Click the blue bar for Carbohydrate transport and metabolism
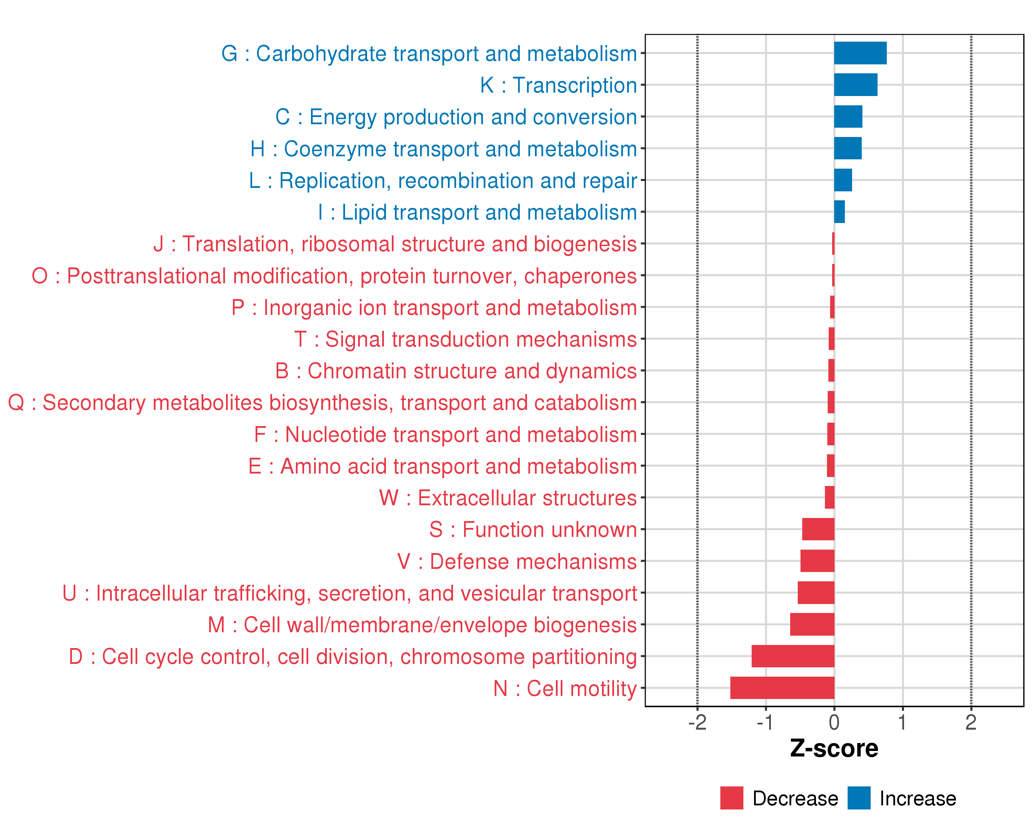pyautogui.click(x=860, y=53)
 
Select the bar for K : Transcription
pyautogui.click(x=856, y=85)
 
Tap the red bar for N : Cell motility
pyautogui.click(x=782, y=688)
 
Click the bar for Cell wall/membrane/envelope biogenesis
pyautogui.click(x=812, y=624)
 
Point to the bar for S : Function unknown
pyautogui.click(x=818, y=529)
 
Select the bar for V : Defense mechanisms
pyautogui.click(x=817, y=561)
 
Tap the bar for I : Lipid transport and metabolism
pyautogui.click(x=839, y=212)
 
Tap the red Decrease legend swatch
pyautogui.click(x=731, y=798)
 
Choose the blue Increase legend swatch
pyautogui.click(x=859, y=798)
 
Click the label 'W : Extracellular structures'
pyautogui.click(x=508, y=498)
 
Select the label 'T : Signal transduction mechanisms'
pyautogui.click(x=465, y=339)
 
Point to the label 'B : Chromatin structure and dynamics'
pyautogui.click(x=456, y=371)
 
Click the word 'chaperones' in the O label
pyautogui.click(x=580, y=276)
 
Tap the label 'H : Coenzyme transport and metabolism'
pyautogui.click(x=443, y=149)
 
